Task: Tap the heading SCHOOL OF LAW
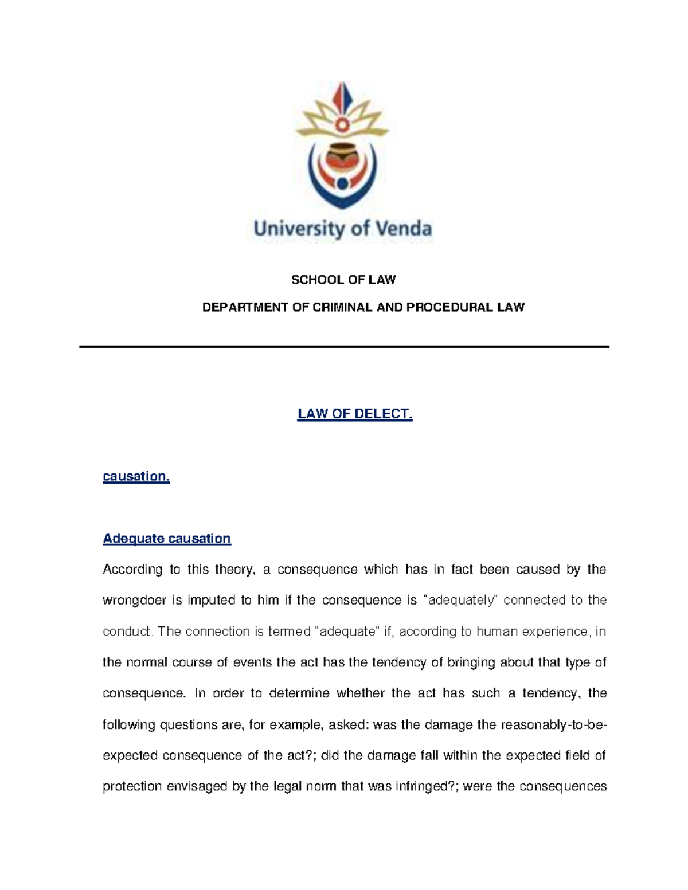tap(343, 280)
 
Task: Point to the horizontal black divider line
tap(344, 347)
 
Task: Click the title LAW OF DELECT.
tap(354, 414)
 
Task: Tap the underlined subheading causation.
tap(136, 476)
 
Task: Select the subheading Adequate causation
tap(166, 538)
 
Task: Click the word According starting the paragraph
tap(132, 569)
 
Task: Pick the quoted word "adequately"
tap(462, 600)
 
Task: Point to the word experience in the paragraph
tap(558, 632)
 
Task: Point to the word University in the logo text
tap(299, 229)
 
